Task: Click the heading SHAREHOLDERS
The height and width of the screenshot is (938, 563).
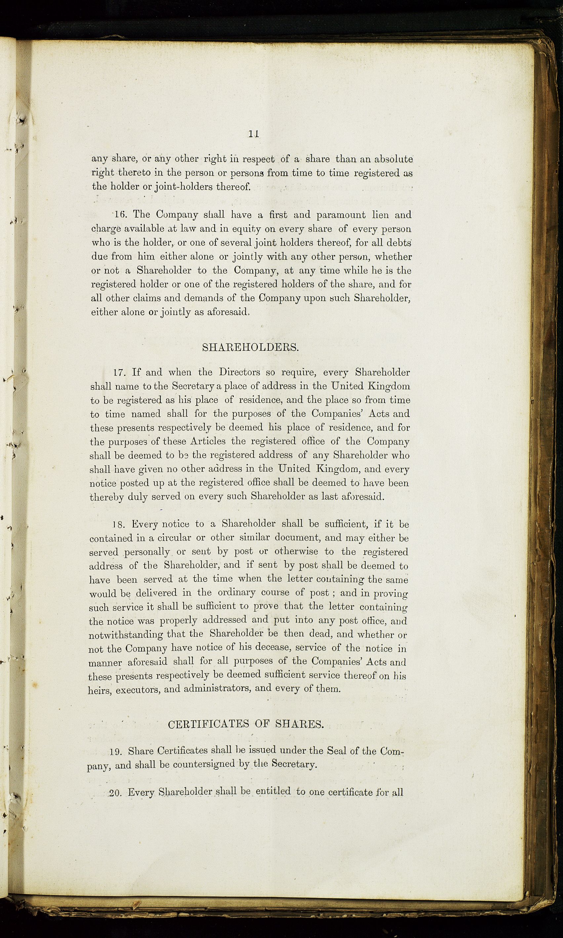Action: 250,348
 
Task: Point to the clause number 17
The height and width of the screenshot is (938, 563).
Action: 119,373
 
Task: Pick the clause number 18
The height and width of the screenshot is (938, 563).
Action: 118,525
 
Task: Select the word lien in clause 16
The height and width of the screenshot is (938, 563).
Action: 380,215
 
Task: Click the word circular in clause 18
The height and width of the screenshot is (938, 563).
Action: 174,538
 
